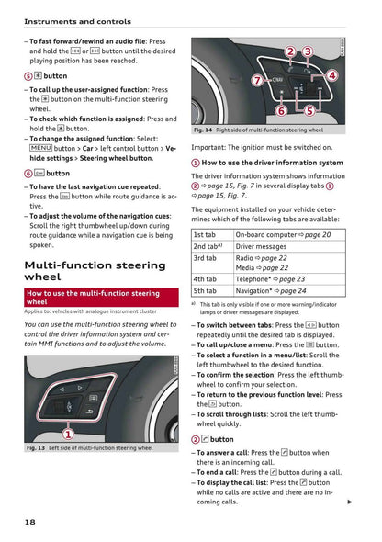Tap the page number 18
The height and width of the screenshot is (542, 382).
tap(30, 523)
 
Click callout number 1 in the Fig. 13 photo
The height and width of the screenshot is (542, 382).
tap(68, 434)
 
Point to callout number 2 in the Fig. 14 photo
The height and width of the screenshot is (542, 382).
tap(290, 52)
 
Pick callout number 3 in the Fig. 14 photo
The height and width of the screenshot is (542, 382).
tap(308, 52)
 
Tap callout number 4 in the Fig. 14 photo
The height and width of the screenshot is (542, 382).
tap(331, 75)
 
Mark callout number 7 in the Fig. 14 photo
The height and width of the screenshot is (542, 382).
tap(258, 81)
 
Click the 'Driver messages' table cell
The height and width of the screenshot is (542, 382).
tap(263, 246)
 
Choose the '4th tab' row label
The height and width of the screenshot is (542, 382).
tap(205, 278)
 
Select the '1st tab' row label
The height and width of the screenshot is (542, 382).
tap(205, 234)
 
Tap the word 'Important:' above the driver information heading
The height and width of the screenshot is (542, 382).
tap(210, 147)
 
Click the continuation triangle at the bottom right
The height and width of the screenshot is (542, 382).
tap(350, 502)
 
